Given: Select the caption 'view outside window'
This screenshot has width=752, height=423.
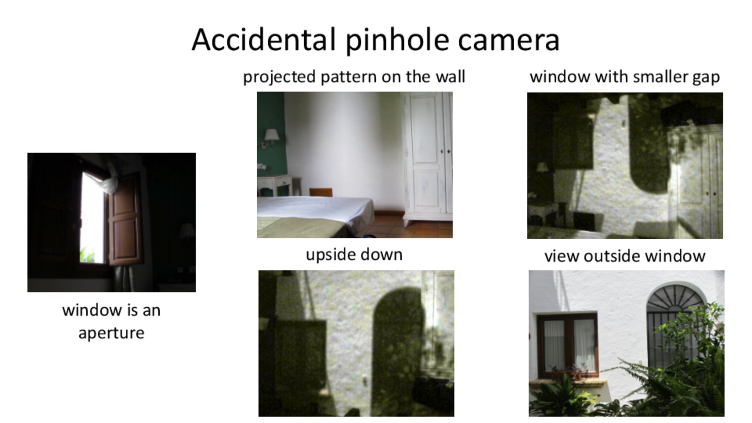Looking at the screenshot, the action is (625, 256).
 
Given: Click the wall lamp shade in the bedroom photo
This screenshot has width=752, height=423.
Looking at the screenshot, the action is (271, 135).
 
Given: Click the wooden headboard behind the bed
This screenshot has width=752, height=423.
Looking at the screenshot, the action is (321, 192).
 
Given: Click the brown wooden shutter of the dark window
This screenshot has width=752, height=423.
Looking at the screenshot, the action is (126, 219).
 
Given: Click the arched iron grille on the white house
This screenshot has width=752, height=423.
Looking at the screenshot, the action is (675, 326).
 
